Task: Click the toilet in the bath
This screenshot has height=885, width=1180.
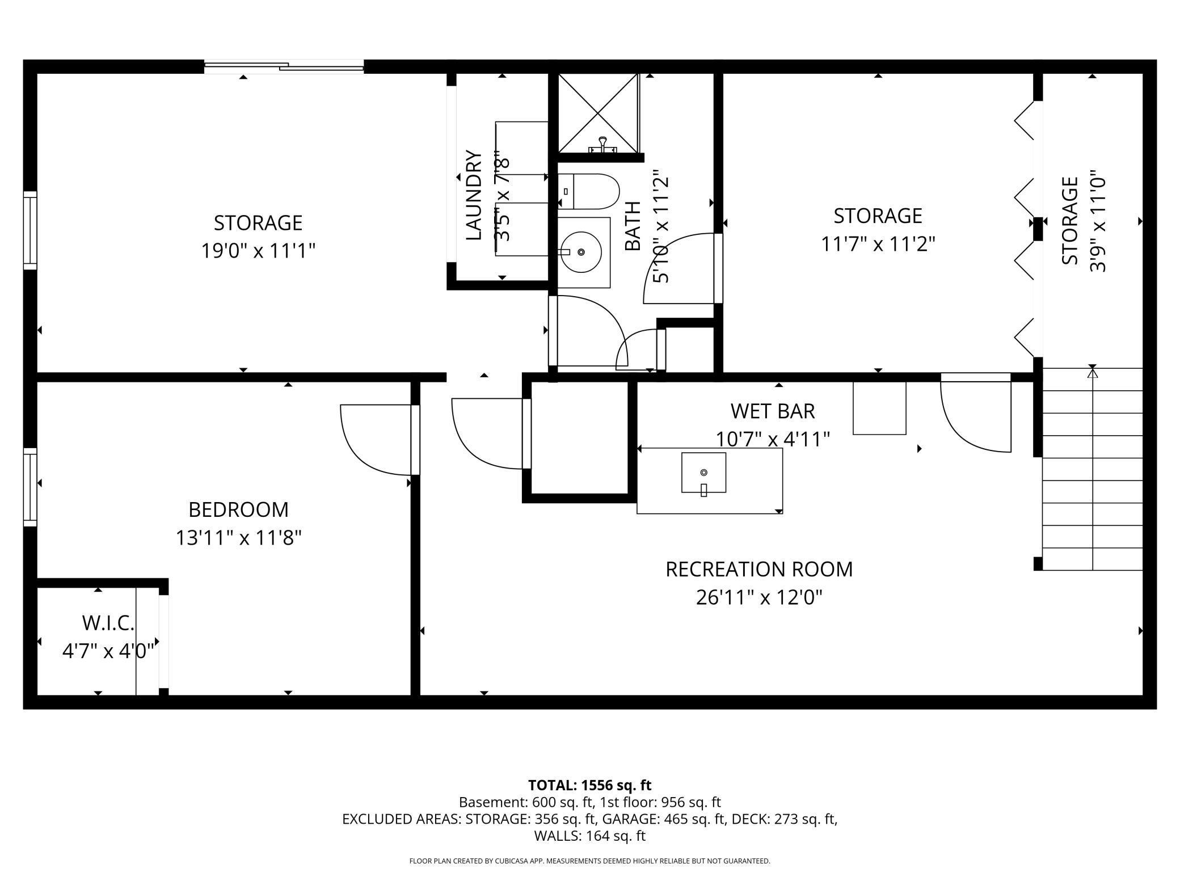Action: point(590,192)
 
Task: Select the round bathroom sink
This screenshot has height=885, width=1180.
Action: point(581,251)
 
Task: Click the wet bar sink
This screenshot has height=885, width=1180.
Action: point(703,473)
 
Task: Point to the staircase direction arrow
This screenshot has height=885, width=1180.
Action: point(1092,373)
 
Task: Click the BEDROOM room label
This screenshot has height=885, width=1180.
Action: point(238,509)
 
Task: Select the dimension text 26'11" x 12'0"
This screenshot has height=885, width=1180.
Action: point(759,597)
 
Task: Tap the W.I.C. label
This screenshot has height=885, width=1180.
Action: point(108,623)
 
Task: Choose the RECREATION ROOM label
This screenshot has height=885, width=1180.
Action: point(759,569)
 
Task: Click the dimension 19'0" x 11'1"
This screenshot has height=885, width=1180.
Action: point(258,250)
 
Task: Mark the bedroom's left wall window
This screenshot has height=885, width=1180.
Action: point(29,487)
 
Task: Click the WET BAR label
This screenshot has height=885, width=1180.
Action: point(773,411)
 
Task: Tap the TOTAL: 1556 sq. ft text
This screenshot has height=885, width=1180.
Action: point(589,785)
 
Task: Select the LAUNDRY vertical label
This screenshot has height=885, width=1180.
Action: point(474,195)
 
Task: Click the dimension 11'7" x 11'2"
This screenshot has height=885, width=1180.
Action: point(878,244)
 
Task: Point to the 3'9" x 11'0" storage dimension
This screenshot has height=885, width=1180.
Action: point(1098,221)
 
